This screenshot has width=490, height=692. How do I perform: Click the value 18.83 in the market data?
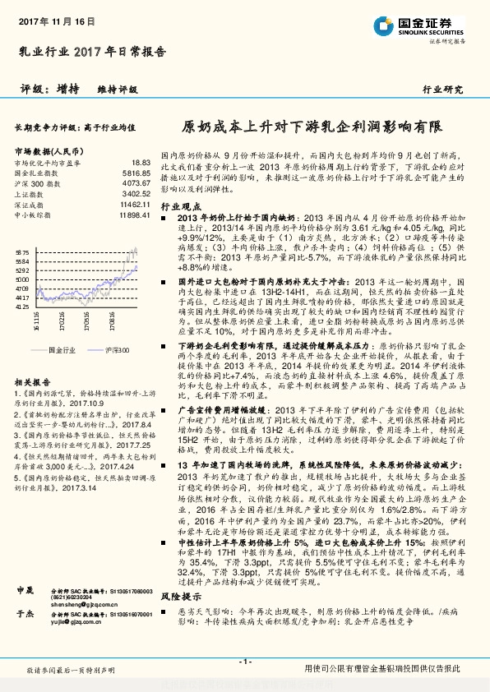[x=141, y=163]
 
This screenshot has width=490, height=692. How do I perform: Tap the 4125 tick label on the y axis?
[x=22, y=306]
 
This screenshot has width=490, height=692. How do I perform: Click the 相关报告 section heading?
[x=33, y=383]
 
